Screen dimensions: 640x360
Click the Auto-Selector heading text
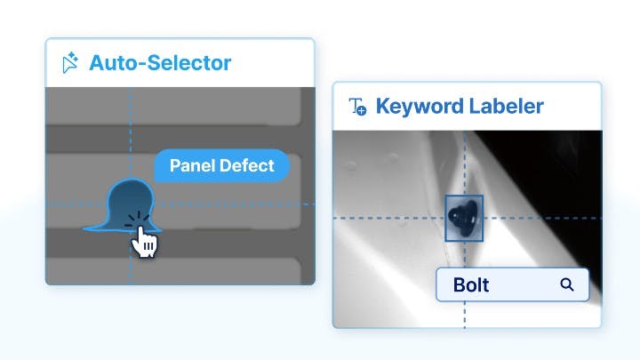coord(160,63)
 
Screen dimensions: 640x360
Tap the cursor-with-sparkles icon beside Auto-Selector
coord(70,63)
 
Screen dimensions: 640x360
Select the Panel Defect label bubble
coord(221,165)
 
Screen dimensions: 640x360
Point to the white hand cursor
coord(144,242)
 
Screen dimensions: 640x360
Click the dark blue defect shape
coord(124,205)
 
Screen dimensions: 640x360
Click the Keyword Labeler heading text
coord(460,107)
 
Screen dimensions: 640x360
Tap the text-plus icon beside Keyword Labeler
coord(357,107)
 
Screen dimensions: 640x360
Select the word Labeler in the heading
coord(507,107)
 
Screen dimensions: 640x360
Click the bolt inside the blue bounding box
coord(463,218)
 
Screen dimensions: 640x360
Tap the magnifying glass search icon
coord(567,284)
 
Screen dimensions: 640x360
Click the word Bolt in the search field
coord(471,285)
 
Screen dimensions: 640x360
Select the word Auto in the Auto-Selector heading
coord(109,63)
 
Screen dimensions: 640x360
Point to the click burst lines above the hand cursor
coord(137,220)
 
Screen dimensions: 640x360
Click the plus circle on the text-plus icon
coord(362,110)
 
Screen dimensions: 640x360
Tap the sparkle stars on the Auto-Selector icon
coord(73,57)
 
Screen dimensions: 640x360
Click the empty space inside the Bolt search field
coord(524,285)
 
